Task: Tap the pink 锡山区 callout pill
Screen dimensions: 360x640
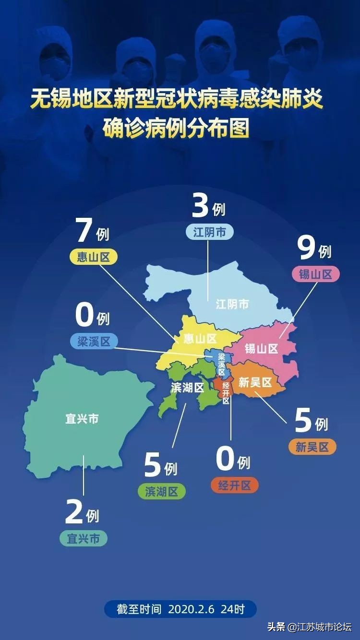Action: [316, 274]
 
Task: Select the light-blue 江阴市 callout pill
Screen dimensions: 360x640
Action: [210, 232]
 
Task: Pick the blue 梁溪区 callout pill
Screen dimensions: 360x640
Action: [94, 341]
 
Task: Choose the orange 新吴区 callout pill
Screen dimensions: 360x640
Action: [312, 447]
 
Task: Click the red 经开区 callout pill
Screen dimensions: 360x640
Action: [234, 485]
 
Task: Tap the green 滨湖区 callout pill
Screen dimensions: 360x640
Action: [161, 492]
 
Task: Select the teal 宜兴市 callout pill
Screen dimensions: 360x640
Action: [84, 538]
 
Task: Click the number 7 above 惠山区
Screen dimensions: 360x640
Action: [84, 231]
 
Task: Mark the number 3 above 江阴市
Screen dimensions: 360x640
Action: [200, 206]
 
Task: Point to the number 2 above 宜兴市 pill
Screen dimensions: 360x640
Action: [74, 513]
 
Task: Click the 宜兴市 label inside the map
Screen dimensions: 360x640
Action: [82, 419]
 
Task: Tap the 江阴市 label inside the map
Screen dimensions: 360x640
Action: [232, 304]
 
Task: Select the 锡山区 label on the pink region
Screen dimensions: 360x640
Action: [261, 348]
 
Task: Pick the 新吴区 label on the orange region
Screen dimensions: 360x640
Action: [255, 382]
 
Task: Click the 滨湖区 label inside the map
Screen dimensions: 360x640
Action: [188, 388]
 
